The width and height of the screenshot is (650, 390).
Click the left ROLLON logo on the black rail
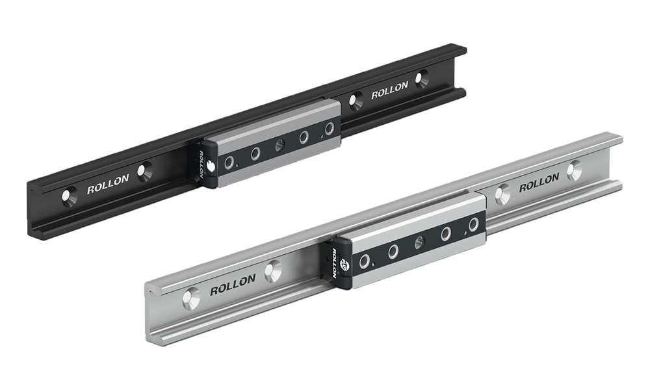click(x=108, y=184)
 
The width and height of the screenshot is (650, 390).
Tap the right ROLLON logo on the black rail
click(x=389, y=90)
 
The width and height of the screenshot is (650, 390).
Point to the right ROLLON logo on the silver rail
click(x=539, y=183)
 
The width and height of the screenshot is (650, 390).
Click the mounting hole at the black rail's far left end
click(x=70, y=196)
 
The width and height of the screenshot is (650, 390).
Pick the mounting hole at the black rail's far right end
click(x=422, y=79)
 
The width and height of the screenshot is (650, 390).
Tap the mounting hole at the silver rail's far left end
click(x=191, y=298)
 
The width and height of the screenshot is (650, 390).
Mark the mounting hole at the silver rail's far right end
click(x=575, y=170)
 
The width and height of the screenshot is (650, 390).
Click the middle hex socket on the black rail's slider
click(x=279, y=145)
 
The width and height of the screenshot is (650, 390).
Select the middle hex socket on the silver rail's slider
click(x=419, y=242)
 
